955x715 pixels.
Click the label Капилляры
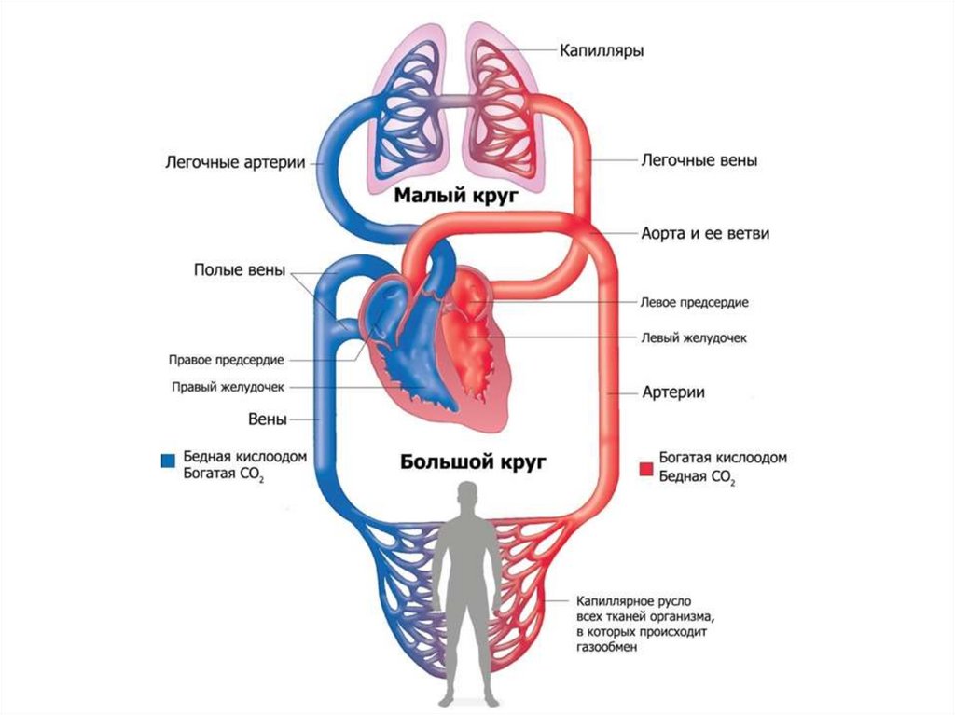pyautogui.click(x=602, y=49)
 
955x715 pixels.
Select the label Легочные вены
pyautogui.click(x=698, y=160)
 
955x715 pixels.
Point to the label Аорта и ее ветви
pyautogui.click(x=705, y=233)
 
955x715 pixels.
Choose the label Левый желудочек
pyautogui.click(x=694, y=337)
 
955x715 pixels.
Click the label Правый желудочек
pyautogui.click(x=227, y=387)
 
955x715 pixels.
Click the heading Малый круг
pyautogui.click(x=454, y=197)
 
